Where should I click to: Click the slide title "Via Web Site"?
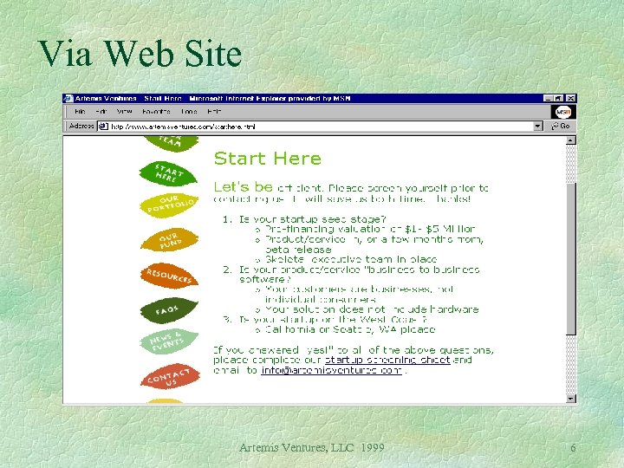click(140, 54)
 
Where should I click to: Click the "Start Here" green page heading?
click(267, 159)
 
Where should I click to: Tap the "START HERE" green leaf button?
click(169, 172)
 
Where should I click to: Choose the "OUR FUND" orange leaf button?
click(169, 239)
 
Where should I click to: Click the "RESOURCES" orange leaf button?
click(168, 276)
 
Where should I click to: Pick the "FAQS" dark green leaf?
click(168, 309)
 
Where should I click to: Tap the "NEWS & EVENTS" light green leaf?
click(169, 341)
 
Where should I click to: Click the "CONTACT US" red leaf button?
click(169, 377)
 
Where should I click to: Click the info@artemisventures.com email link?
click(331, 370)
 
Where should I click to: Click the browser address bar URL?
click(183, 126)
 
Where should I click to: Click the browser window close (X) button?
click(570, 99)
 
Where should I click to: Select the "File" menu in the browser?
click(80, 112)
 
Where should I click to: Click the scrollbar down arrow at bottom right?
click(570, 399)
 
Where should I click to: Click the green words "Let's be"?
click(243, 186)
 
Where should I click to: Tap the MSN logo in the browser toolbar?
click(563, 113)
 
